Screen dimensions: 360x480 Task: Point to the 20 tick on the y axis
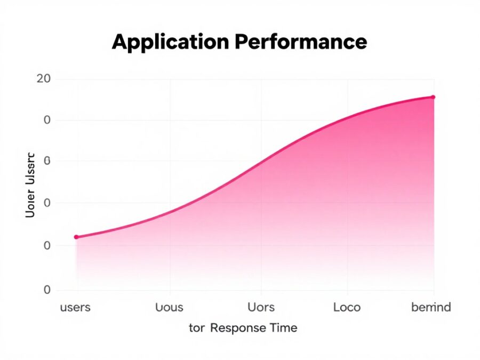click(44, 79)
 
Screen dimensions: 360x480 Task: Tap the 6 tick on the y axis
click(47, 161)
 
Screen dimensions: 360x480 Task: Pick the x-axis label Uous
click(169, 307)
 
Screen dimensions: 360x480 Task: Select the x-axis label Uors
click(261, 307)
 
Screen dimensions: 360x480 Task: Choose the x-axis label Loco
click(347, 307)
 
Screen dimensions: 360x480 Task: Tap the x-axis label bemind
click(431, 307)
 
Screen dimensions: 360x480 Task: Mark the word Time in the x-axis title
click(284, 328)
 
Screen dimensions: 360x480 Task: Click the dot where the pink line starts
click(76, 237)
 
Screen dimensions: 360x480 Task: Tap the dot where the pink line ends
click(433, 97)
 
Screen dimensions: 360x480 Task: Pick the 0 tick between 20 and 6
click(47, 120)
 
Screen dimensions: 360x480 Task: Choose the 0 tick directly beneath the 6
click(47, 203)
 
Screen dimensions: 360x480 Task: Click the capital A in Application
click(120, 42)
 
